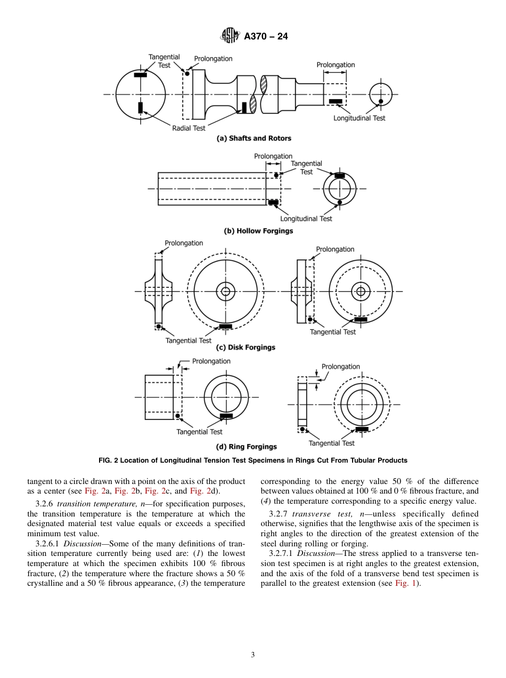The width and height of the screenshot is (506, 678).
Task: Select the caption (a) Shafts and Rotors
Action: pos(254,138)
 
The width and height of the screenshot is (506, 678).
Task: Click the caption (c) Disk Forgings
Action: pos(246,348)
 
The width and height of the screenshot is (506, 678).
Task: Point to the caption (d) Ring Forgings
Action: pos(246,447)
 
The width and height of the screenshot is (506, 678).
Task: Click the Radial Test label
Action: pos(189,128)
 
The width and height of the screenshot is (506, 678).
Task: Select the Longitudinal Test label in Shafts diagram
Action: pos(359,118)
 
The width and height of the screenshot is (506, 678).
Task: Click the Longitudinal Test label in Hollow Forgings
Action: pos(306,219)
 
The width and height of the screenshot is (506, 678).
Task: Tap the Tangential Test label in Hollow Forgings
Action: pos(306,168)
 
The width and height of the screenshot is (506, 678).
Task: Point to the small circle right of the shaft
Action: pos(380,94)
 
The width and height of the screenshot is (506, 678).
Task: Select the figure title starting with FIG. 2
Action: pos(253,461)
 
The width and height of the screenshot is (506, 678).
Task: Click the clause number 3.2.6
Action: pos(44,504)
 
